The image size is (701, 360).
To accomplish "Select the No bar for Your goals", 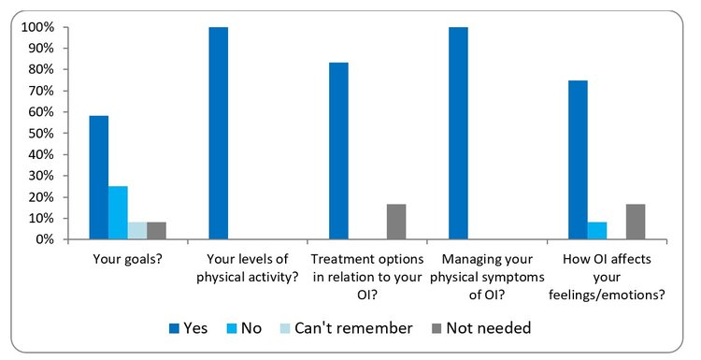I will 118,213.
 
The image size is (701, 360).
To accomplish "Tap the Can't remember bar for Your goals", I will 136,231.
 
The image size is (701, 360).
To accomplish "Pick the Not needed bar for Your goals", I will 156,231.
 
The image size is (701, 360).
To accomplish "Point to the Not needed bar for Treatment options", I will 396,222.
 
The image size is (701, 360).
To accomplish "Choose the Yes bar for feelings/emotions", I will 578,160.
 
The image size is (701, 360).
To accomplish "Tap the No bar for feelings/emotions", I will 597,231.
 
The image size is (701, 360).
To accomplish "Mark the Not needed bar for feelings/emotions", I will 636,222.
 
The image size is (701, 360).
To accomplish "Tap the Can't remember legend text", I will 353,328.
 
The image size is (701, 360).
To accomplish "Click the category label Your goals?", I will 127,259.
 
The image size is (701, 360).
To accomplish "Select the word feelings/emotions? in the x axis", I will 608,295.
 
